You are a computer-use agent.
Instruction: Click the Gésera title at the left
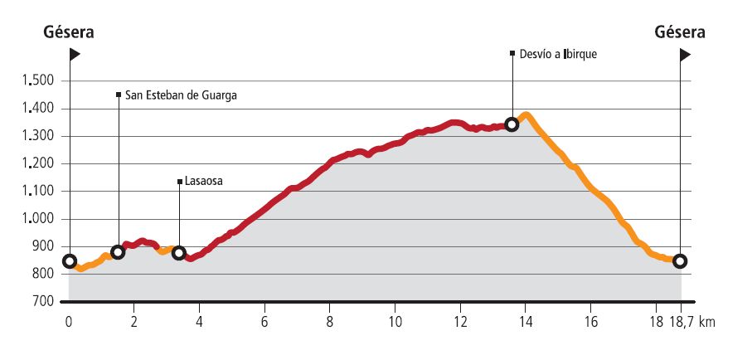click(70, 33)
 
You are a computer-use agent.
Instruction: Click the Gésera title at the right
click(680, 33)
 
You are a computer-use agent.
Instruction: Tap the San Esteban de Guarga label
click(181, 95)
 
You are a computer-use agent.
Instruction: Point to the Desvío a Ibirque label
click(558, 54)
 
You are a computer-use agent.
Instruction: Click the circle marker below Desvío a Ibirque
click(512, 124)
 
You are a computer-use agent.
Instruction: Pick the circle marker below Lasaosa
click(178, 253)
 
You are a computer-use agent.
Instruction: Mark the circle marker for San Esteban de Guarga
click(118, 252)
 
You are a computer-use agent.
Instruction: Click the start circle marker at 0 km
click(70, 261)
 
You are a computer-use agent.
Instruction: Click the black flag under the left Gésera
click(75, 55)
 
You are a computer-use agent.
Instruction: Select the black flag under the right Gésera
click(685, 55)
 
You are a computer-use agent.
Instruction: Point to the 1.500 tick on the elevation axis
click(37, 81)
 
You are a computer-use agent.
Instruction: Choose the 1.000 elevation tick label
click(37, 219)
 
